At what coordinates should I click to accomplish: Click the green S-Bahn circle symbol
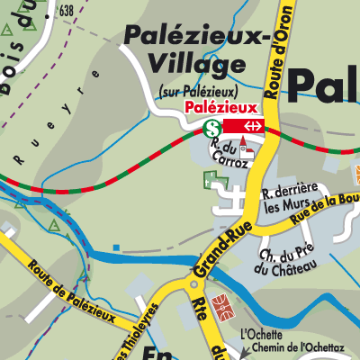pos(211,128)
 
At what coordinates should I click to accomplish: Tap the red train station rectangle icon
pos(245,127)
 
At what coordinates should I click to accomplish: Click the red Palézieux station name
pos(216,107)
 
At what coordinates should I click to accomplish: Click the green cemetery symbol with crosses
pos(216,180)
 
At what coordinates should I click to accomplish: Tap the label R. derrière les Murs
pos(289,198)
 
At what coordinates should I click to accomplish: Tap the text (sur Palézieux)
pos(199,90)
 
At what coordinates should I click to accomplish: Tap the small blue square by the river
pos(116,247)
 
